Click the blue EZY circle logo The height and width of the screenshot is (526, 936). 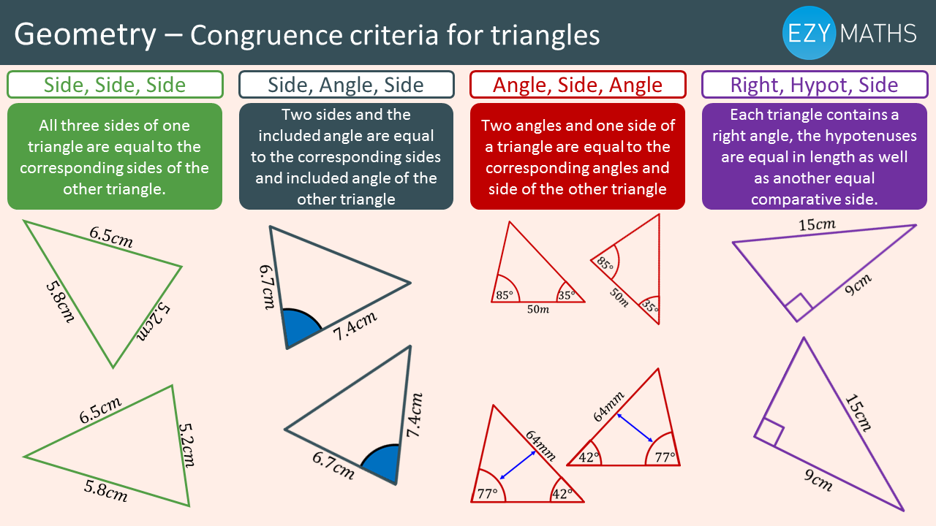point(809,33)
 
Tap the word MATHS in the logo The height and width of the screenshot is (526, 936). point(878,34)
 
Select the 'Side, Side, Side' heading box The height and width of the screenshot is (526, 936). point(115,85)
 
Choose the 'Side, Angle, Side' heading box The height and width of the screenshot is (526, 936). point(347,85)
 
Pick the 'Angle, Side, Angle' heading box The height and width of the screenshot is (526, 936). point(578,85)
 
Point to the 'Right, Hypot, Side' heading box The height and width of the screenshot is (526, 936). point(815,85)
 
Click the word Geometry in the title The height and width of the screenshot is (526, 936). point(86,35)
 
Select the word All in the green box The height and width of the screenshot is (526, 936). point(49,126)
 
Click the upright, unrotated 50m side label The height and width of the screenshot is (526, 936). point(538,309)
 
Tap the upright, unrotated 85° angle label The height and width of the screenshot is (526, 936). point(505,295)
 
